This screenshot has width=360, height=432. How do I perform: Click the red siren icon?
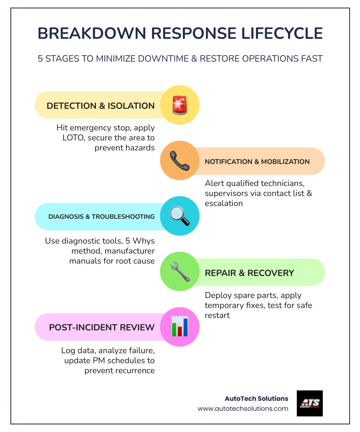(180, 105)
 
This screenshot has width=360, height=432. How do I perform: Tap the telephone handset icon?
(180, 161)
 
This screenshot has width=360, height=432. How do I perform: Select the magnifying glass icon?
(180, 216)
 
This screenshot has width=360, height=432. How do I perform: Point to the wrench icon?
(180, 272)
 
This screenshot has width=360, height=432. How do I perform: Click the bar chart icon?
(180, 327)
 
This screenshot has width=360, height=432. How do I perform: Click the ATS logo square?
(310, 403)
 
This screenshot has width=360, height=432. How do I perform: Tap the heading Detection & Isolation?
(100, 106)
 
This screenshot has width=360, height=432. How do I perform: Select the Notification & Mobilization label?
(257, 162)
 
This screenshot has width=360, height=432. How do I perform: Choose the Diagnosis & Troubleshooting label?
(102, 216)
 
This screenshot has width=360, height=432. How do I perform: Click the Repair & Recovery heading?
(249, 273)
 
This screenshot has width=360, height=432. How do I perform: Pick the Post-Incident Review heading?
(102, 328)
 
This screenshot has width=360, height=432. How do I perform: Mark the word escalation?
(224, 203)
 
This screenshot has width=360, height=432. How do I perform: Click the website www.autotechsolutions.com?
(243, 408)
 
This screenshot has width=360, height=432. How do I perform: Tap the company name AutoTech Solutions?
(256, 398)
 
